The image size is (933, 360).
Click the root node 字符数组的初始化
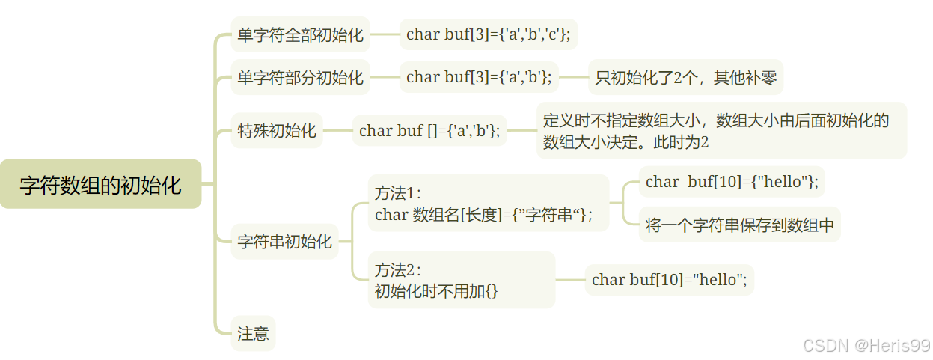click(100, 184)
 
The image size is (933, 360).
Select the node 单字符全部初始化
click(300, 34)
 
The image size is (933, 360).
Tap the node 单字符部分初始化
click(300, 77)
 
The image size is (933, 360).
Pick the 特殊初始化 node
click(277, 131)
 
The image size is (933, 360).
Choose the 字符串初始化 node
click(284, 242)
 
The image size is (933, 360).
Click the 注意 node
click(253, 333)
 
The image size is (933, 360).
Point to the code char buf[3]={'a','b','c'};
click(488, 34)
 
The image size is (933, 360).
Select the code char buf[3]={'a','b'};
click(479, 77)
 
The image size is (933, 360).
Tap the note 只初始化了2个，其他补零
click(685, 77)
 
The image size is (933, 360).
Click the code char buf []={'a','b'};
click(429, 131)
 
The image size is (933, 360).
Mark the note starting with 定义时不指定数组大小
click(721, 131)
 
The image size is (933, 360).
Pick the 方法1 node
click(488, 204)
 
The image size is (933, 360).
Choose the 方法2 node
click(462, 280)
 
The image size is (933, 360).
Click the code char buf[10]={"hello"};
click(732, 182)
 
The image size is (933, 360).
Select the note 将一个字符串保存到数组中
click(739, 225)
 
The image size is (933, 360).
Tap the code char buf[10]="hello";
click(669, 280)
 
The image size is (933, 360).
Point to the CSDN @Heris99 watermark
click(866, 345)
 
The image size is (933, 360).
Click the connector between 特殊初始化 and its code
click(337, 131)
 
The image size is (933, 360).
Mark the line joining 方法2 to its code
click(570, 280)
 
